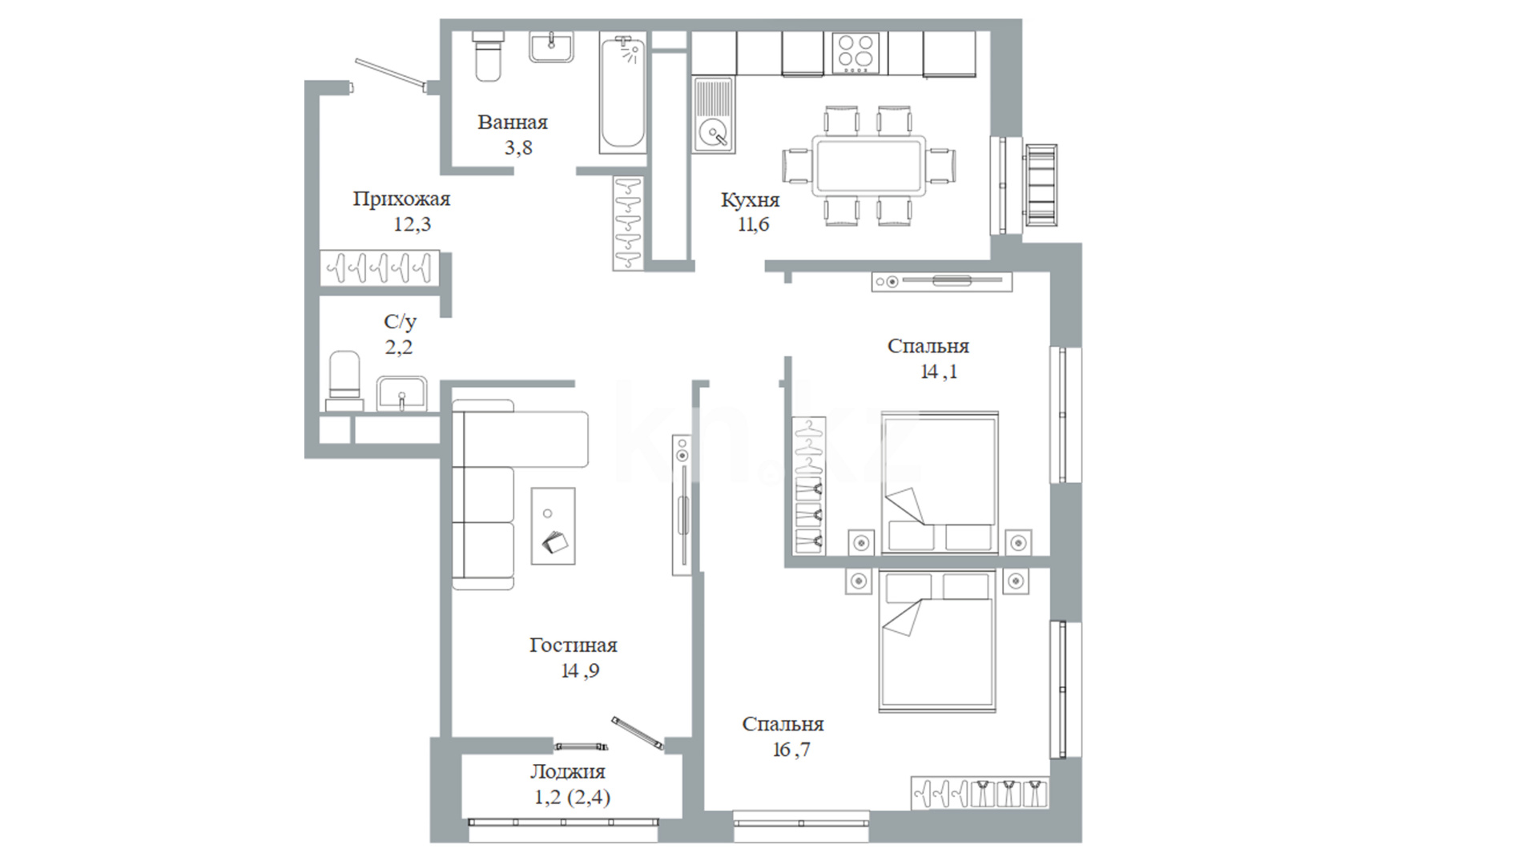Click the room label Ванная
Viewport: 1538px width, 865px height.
[513, 123]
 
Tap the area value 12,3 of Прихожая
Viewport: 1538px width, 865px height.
[412, 224]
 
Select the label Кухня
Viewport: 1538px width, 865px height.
[750, 199]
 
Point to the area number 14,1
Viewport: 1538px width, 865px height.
[939, 372]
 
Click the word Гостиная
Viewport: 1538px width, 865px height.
[574, 646]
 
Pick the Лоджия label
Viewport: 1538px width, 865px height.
[568, 772]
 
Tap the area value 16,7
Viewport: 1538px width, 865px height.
[791, 750]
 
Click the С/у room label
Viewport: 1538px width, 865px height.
[400, 322]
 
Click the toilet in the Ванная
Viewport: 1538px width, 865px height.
[488, 56]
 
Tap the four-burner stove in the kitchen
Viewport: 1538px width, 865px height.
[856, 53]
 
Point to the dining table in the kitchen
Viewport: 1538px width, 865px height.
[869, 166]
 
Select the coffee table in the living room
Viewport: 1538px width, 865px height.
[553, 525]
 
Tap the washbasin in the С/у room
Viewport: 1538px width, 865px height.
[402, 394]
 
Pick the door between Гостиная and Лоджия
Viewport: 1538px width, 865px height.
[638, 733]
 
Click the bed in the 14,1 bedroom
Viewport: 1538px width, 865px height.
[940, 483]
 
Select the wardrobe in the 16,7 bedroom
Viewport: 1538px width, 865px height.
[980, 793]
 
